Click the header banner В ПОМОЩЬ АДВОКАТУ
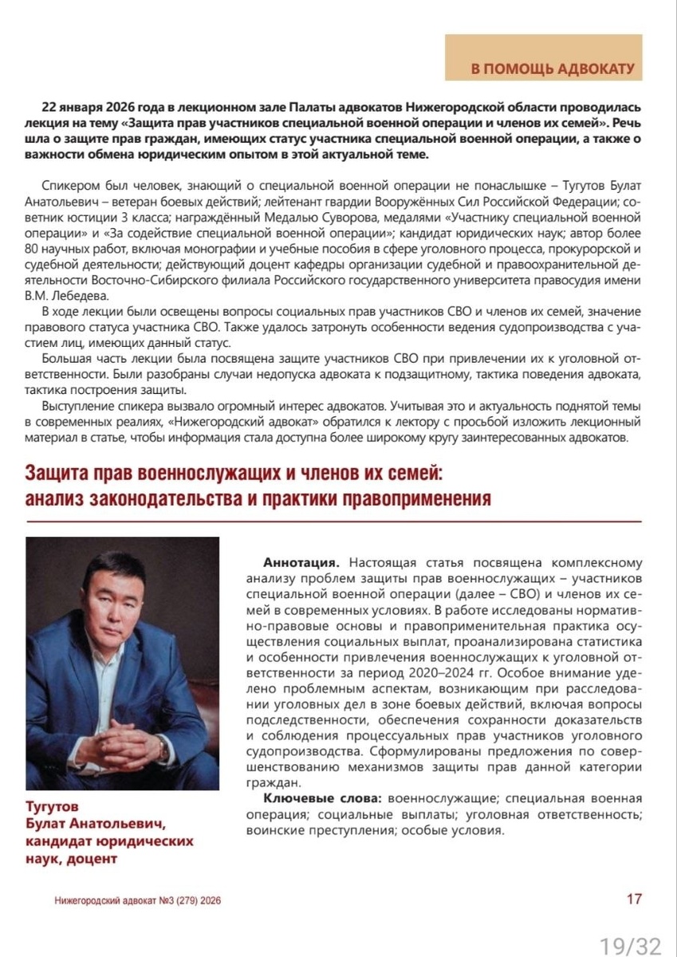(553, 69)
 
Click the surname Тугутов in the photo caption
(53, 807)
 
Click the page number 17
(634, 899)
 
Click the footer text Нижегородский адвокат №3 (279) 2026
(138, 900)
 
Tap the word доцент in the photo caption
(94, 859)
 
